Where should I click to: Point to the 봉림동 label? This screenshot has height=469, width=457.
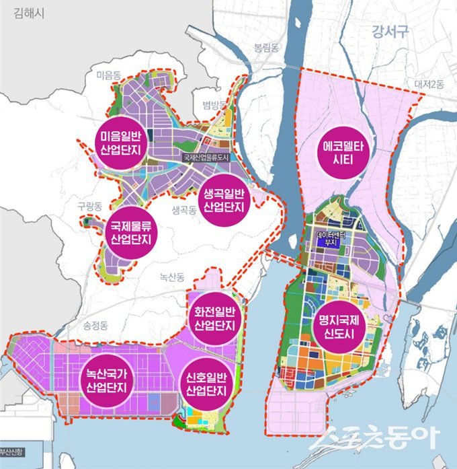(265, 47)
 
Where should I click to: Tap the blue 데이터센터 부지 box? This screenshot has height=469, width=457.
(329, 240)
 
